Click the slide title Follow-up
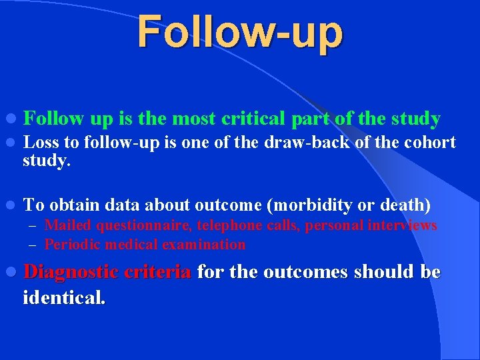pyautogui.click(x=240, y=33)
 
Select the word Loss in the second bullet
pyautogui.click(x=40, y=142)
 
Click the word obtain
pyautogui.click(x=74, y=204)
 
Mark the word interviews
pyautogui.click(x=402, y=225)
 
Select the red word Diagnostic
pyautogui.click(x=71, y=272)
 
